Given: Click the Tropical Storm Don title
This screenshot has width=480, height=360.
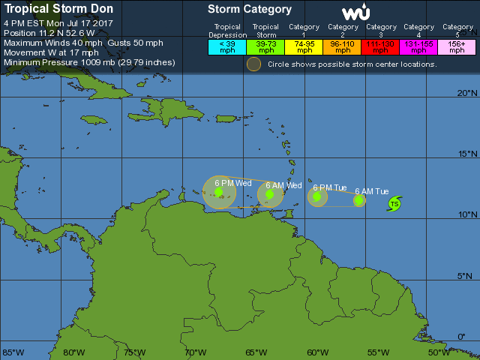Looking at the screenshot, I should (x=60, y=10).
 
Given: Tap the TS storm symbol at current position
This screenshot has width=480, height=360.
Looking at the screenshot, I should (x=394, y=204).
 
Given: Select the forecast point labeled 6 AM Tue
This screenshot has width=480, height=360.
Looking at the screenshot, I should (x=359, y=200).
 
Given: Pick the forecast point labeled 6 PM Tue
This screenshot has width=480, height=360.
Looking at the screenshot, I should (x=317, y=197).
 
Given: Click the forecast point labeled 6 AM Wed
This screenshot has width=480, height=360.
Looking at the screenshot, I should (x=270, y=195).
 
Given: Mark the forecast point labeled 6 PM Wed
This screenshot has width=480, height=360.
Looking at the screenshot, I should (x=219, y=192).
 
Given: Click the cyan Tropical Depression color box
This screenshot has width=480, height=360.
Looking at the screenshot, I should (x=227, y=46).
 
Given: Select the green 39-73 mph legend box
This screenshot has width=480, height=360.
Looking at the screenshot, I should (x=265, y=46).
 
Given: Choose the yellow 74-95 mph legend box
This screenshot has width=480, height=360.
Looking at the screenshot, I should (x=304, y=46).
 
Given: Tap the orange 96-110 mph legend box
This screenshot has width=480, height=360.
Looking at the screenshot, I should (x=343, y=46).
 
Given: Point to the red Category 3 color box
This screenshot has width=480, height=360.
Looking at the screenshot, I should (x=381, y=46).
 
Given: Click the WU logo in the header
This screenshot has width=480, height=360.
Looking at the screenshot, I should (x=355, y=13).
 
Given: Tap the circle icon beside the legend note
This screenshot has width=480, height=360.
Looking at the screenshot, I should (x=254, y=64).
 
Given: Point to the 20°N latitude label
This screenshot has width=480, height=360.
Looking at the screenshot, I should (x=467, y=93).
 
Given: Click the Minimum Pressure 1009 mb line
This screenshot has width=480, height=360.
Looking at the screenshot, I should (x=89, y=62).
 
